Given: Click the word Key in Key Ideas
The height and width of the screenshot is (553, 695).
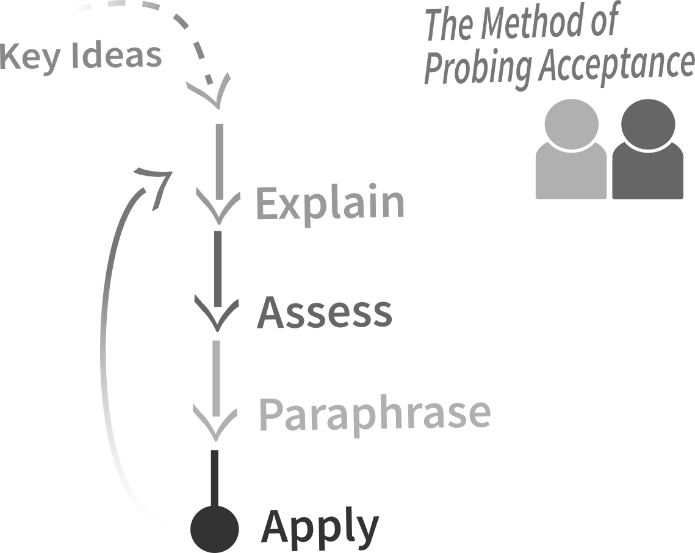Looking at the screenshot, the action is tap(30, 57).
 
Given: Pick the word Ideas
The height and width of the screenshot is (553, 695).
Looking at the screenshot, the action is tap(116, 56).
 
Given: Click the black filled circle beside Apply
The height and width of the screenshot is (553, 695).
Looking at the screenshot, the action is tap(215, 529).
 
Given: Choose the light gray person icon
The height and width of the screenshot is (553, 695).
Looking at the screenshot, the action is tap(571, 149).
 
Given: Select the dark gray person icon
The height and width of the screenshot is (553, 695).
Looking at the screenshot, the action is tap(647, 149).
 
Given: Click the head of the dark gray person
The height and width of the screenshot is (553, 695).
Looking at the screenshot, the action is tap(648, 124).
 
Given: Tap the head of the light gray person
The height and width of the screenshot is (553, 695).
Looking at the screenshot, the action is tap(571, 124).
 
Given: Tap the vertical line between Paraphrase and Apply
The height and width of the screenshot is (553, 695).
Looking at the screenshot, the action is tap(215, 478).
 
